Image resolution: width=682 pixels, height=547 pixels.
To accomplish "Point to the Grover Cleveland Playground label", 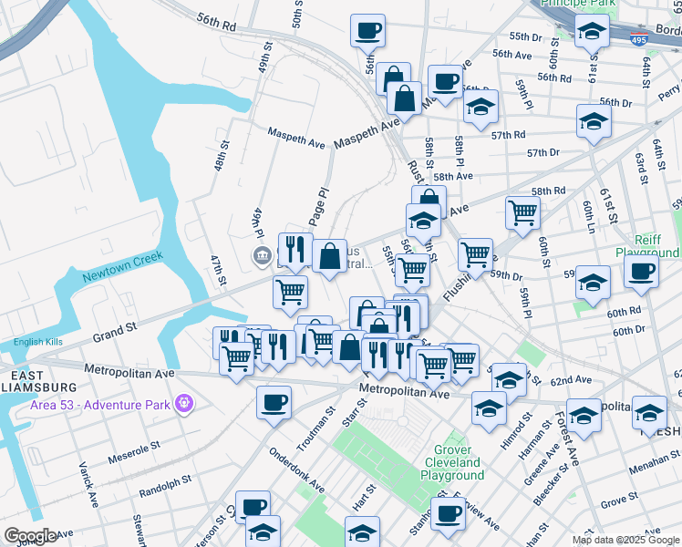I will [452, 463].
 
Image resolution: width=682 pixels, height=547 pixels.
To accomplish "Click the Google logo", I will [30, 536].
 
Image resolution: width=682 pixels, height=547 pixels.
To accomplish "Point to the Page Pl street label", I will [318, 209].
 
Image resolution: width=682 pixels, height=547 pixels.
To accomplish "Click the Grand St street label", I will [113, 325].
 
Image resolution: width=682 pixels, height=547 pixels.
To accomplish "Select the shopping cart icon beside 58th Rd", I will [522, 212].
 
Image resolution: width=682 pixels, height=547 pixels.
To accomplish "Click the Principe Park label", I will [580, 4].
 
